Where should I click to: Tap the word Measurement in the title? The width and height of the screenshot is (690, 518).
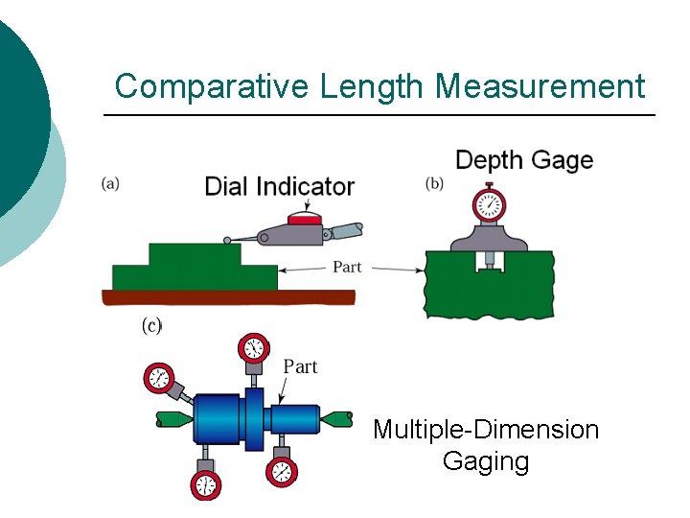[x=540, y=86]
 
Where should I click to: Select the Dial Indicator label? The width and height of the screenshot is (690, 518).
[x=279, y=186]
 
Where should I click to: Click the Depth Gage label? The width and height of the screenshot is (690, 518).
[x=524, y=160]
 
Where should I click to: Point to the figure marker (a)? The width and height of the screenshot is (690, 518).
[x=111, y=184]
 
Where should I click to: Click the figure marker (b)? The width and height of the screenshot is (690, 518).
[x=434, y=184]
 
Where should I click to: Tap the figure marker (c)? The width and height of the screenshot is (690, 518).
[x=151, y=326]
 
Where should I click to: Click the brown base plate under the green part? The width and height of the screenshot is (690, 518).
[x=230, y=297]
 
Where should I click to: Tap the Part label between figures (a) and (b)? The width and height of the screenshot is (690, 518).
[x=347, y=267]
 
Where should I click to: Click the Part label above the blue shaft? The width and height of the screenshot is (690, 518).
[x=301, y=365]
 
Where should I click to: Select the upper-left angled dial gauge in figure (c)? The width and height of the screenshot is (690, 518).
[x=158, y=379]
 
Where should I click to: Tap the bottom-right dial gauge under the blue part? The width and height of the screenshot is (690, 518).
[x=282, y=470]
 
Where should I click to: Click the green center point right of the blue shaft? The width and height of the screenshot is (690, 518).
[x=337, y=418]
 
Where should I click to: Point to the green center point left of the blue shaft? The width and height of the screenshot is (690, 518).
[x=173, y=419]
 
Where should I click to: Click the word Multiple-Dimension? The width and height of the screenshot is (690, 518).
[x=486, y=429]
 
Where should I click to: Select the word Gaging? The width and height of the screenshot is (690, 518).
[x=486, y=461]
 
